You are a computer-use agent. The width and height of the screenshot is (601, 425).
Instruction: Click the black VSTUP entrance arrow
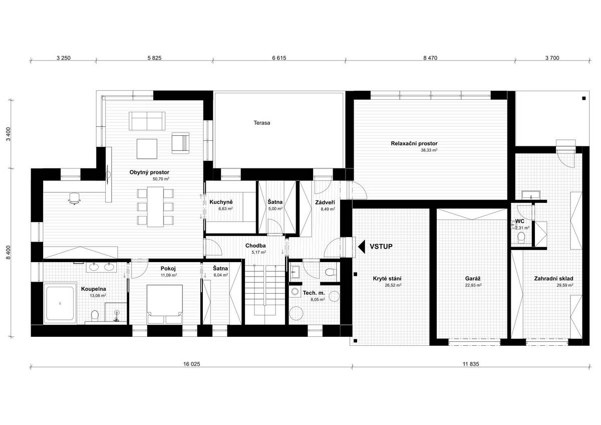coord(362,247)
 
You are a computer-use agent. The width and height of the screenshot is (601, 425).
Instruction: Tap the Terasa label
coord(262,123)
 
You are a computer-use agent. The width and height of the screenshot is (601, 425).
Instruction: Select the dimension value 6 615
coord(279,58)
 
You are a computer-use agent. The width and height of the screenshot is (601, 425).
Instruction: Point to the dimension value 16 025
coord(191,364)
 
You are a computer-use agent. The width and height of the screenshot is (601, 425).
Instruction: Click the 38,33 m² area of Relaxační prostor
coord(429,150)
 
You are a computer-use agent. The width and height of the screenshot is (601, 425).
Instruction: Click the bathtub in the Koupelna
coord(60,303)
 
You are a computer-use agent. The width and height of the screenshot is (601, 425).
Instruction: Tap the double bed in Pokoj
coord(165,304)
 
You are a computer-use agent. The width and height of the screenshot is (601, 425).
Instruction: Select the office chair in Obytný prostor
coord(74,198)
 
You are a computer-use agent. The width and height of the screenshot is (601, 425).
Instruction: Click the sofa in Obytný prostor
coord(147,121)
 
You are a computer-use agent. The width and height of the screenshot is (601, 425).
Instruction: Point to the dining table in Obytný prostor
coord(155,206)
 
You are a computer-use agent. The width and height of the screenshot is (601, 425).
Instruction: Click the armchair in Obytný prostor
coord(181,143)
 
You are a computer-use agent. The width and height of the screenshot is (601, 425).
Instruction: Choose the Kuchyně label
coord(221,202)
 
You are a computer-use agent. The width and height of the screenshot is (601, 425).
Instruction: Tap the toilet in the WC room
coord(521,237)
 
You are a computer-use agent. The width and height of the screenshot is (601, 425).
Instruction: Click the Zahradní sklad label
coord(553,279)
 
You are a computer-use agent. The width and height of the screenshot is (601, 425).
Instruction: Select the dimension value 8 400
coord(9,253)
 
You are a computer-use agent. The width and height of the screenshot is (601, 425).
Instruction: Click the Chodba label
coord(255,246)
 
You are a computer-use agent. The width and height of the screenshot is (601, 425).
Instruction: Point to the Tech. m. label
coord(314,293)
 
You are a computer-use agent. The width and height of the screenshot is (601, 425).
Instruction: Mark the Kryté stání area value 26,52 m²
coord(393,285)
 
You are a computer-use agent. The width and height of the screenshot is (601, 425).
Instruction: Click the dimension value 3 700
coord(552,58)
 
